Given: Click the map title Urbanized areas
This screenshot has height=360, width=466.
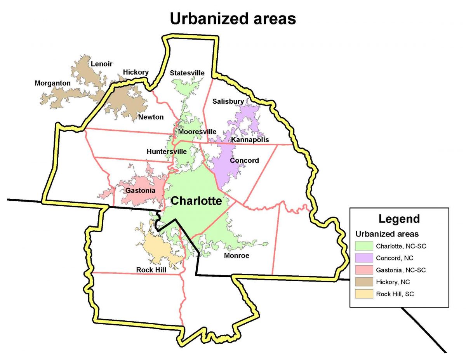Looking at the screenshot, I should (x=233, y=18).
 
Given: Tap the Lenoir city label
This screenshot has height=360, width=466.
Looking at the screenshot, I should (x=101, y=64).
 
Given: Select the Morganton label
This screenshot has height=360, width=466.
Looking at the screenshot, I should (x=52, y=83).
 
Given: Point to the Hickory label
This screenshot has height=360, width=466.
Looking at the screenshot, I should (x=136, y=72).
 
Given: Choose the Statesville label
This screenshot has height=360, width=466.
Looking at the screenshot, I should (x=187, y=73).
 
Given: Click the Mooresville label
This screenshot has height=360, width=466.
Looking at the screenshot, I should (x=197, y=132).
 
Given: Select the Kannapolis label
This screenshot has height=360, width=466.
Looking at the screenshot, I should (x=250, y=140).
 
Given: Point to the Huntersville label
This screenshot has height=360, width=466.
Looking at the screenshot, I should (x=167, y=151).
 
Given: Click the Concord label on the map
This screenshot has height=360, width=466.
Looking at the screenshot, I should (x=244, y=160).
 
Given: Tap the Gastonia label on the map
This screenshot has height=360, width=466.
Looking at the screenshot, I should (x=140, y=191).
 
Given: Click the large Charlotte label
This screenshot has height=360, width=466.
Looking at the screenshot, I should (x=196, y=201).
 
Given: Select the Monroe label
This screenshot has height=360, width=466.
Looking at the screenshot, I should (x=236, y=256).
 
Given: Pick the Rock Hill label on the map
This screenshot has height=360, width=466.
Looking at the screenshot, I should (x=151, y=270).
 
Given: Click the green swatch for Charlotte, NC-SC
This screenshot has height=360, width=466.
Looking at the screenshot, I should (x=365, y=246).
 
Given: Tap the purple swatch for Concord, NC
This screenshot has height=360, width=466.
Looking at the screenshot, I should (x=365, y=258).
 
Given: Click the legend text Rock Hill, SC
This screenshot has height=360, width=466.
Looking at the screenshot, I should (x=395, y=294).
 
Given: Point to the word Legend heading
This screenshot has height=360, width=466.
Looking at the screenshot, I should (x=399, y=219).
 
